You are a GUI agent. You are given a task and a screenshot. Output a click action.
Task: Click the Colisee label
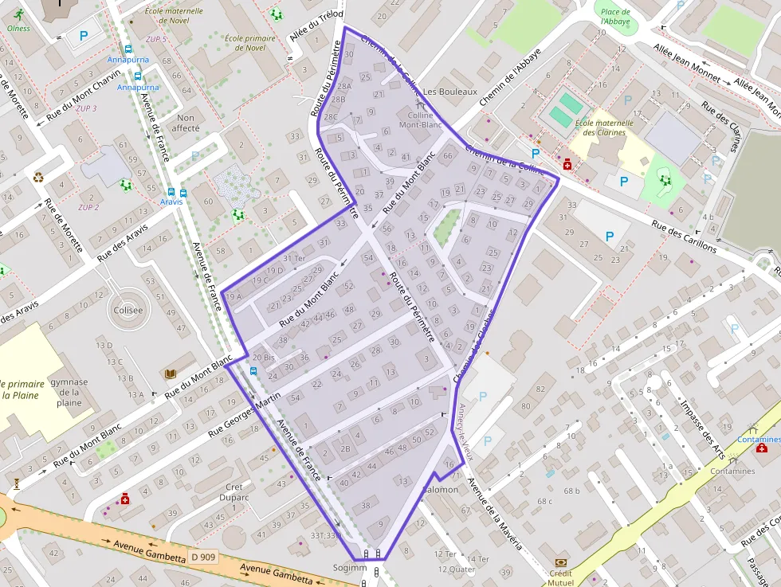(x=128, y=311)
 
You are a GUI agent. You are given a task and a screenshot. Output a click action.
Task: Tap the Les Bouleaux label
(x=449, y=92)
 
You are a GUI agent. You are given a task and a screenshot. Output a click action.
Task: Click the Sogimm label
(x=350, y=568)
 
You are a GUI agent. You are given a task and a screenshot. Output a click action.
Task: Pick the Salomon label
(x=442, y=489)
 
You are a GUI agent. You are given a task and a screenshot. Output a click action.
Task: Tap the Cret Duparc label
(x=234, y=492)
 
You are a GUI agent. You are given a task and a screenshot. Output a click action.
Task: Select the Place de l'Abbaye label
(x=615, y=17)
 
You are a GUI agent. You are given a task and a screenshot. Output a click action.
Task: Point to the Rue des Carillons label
(x=685, y=236)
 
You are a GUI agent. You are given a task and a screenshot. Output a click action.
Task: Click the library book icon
(x=171, y=374)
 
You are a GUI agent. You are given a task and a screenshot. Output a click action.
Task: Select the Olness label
(x=18, y=28)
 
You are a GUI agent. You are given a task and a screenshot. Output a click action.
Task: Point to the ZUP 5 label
(x=156, y=38)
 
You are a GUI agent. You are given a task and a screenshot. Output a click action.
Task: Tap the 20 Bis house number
(x=264, y=357)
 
